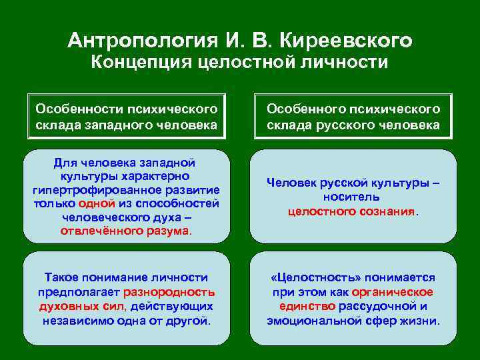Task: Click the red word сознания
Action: (x=385, y=211)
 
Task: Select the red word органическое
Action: (x=394, y=292)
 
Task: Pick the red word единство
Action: (x=307, y=306)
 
